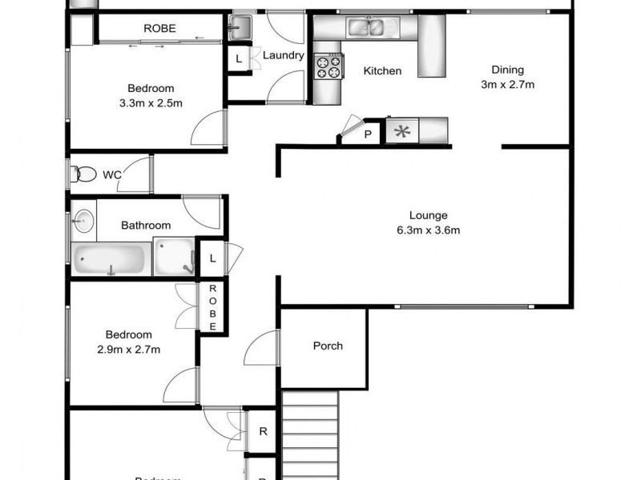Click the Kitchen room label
tap(382, 71)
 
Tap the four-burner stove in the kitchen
tap(327, 66)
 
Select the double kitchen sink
tap(368, 29)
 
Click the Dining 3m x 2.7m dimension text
tap(508, 84)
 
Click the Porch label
tap(328, 346)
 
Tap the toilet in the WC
tap(83, 174)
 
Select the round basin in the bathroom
tap(83, 220)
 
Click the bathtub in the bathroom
tap(109, 259)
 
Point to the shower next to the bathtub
tap(174, 258)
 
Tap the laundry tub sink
tap(240, 29)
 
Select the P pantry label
tap(368, 134)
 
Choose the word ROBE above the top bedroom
tap(160, 28)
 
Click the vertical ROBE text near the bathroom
tap(213, 308)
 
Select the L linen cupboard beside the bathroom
tap(212, 258)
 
